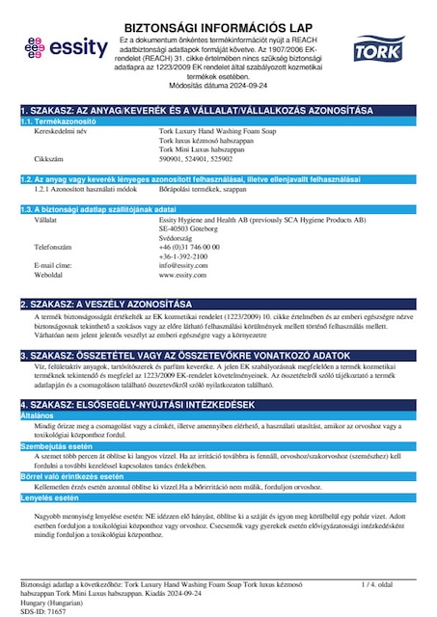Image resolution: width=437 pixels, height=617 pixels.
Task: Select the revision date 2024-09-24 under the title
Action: pos(242,85)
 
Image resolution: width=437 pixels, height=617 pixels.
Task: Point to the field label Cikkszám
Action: pos(49,156)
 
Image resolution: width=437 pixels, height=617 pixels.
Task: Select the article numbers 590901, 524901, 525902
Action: pos(194,156)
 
